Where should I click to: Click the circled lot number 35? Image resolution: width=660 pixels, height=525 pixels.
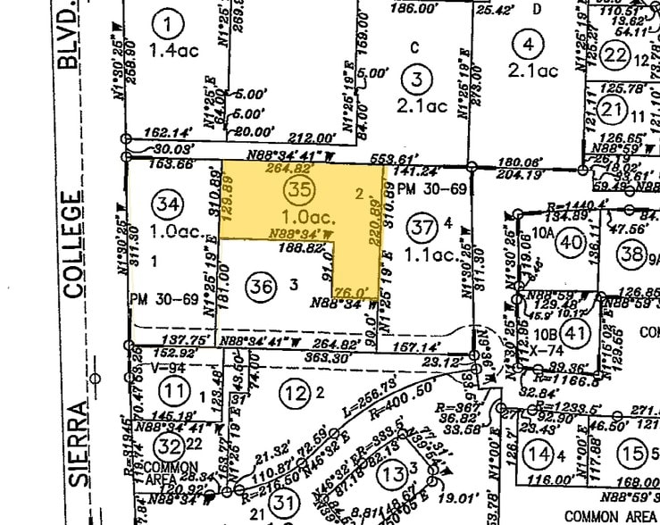click(298, 188)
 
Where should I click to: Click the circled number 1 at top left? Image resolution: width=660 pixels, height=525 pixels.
click(166, 20)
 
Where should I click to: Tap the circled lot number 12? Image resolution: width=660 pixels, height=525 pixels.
click(292, 390)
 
